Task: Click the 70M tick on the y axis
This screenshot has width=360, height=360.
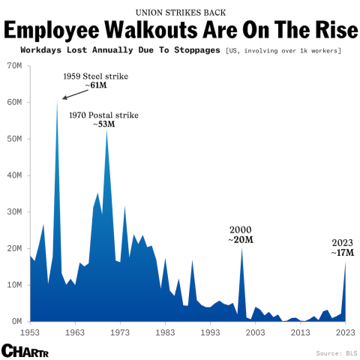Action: (x=14, y=66)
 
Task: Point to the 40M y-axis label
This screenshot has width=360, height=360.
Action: (x=14, y=175)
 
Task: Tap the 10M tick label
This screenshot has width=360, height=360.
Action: (x=14, y=285)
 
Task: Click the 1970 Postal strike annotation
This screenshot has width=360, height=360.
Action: (x=103, y=115)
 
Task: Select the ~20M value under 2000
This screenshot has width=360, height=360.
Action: (x=240, y=239)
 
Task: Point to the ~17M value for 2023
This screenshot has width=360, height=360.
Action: (x=341, y=253)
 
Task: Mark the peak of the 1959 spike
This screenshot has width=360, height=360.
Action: (x=57, y=100)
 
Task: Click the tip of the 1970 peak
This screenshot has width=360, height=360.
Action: (x=106, y=130)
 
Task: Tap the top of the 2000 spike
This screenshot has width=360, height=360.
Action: (x=241, y=249)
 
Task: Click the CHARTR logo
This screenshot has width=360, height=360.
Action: (x=21, y=350)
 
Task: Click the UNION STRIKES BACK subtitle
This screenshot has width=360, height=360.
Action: (x=180, y=12)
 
